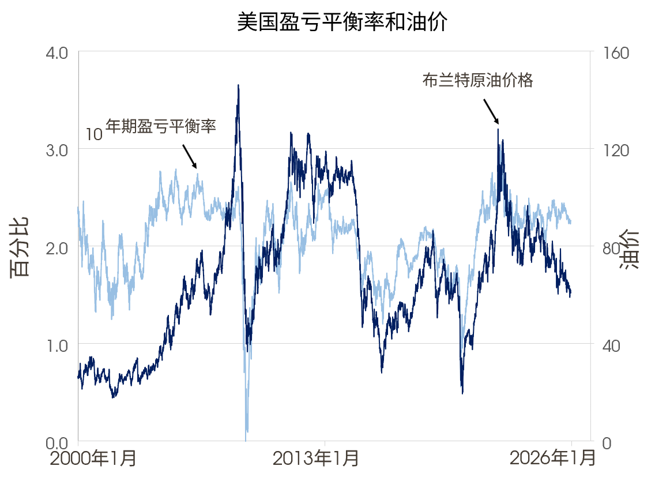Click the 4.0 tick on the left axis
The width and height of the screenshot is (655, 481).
(x=57, y=52)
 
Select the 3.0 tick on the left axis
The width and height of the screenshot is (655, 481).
(x=57, y=150)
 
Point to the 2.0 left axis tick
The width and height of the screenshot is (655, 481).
(x=57, y=247)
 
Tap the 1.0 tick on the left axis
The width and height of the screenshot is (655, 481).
(x=57, y=345)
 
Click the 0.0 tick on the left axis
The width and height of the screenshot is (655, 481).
(x=57, y=442)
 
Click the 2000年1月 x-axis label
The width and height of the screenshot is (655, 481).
(x=93, y=459)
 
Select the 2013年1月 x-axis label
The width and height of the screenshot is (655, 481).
(x=315, y=459)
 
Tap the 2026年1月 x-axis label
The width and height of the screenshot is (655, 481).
(x=552, y=459)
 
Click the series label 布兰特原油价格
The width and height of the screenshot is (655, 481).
(x=477, y=81)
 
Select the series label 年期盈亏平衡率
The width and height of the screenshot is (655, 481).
(x=161, y=127)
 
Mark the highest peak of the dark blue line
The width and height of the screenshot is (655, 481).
(x=238, y=85)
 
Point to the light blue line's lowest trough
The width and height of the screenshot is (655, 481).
(x=246, y=440)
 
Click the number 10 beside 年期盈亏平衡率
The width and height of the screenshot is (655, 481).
(x=94, y=135)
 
